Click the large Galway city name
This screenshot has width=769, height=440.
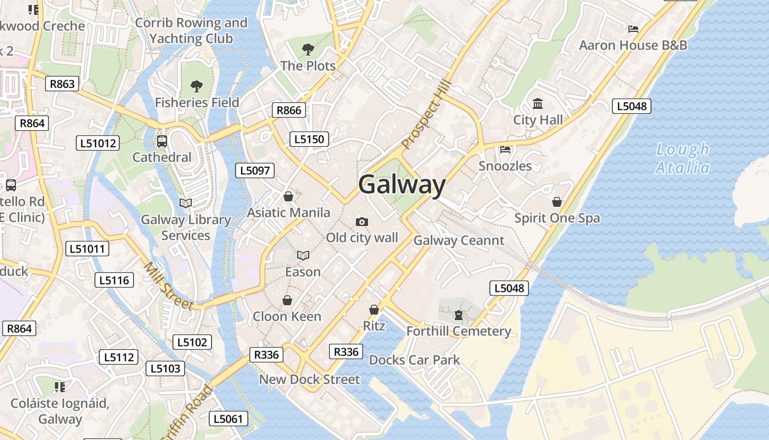click(402, 185)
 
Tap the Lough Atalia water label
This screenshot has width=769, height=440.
click(683, 158)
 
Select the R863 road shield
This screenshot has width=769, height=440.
click(62, 84)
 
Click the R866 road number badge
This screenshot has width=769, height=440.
click(289, 110)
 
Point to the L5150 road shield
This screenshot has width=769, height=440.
click(309, 139)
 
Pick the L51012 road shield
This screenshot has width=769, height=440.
click(97, 144)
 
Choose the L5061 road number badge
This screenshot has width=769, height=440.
click(229, 419)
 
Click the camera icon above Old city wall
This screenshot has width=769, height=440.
click(361, 222)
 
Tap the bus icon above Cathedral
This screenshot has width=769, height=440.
click(162, 141)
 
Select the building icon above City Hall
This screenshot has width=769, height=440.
click(538, 104)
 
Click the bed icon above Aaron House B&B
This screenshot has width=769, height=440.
click(633, 29)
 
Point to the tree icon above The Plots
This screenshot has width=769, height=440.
click(308, 50)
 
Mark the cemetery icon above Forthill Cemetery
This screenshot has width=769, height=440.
click(459, 315)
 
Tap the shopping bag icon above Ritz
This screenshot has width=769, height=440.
click(374, 310)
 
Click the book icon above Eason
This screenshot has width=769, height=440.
click(303, 255)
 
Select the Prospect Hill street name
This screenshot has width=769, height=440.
click(426, 115)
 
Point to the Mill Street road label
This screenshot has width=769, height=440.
click(168, 286)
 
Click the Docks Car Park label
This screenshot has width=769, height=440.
click(415, 360)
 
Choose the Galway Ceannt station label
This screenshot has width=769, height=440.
click(459, 240)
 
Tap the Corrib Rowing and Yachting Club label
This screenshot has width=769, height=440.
click(191, 31)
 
